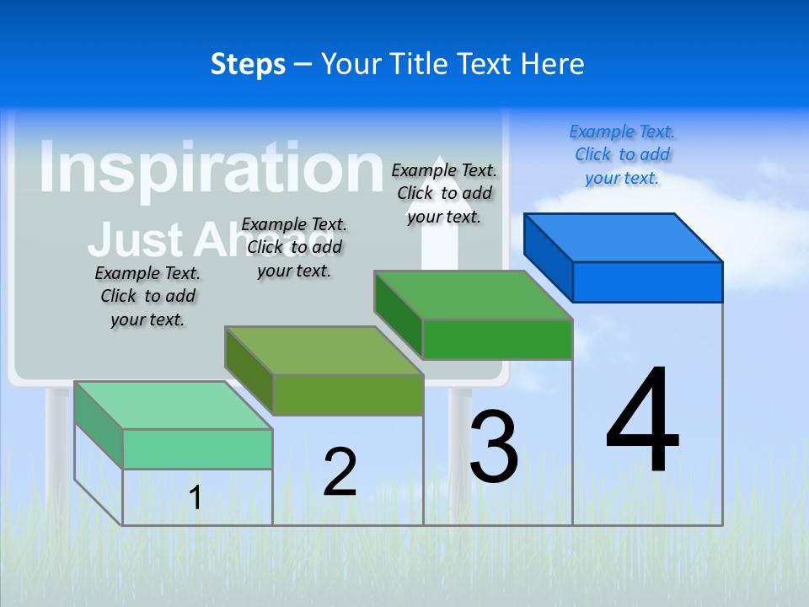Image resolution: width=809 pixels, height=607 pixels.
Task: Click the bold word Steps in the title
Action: [248, 64]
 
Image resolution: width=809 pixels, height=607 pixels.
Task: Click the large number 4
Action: [643, 422]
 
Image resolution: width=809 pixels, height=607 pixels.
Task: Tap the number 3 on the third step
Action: [494, 447]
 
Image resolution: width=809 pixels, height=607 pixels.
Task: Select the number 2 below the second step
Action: [340, 472]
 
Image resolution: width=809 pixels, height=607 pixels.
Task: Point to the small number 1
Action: [195, 498]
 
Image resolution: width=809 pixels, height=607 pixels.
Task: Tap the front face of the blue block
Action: [647, 282]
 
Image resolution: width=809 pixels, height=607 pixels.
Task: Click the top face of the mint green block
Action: [174, 406]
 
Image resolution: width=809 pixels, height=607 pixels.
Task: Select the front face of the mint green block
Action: [197, 449]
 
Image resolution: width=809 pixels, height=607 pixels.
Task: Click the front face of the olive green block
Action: [347, 395]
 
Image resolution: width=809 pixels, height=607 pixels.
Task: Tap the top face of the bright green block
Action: [474, 295]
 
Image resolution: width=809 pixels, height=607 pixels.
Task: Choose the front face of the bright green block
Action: [497, 339]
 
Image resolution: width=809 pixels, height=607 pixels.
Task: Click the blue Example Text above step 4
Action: [622, 154]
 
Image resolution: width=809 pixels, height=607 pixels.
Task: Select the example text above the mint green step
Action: [147, 296]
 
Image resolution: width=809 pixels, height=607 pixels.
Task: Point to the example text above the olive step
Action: [294, 247]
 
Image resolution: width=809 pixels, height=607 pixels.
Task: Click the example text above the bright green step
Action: [444, 193]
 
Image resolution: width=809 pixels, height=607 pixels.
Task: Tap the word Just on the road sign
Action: [135, 239]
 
